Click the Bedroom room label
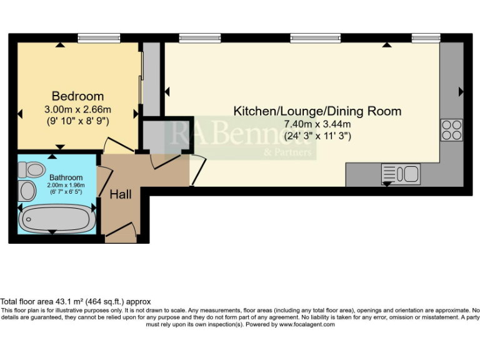77,96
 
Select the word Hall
121,195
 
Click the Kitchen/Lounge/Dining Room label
317,111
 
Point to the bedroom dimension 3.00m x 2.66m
77,110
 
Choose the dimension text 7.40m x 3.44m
317,124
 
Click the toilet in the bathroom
30,168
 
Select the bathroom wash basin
28,190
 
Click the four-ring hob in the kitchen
451,129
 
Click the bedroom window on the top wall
99,38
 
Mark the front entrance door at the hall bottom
122,232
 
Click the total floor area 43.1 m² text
76,302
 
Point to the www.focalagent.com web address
307,324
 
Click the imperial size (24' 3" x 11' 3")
317,136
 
